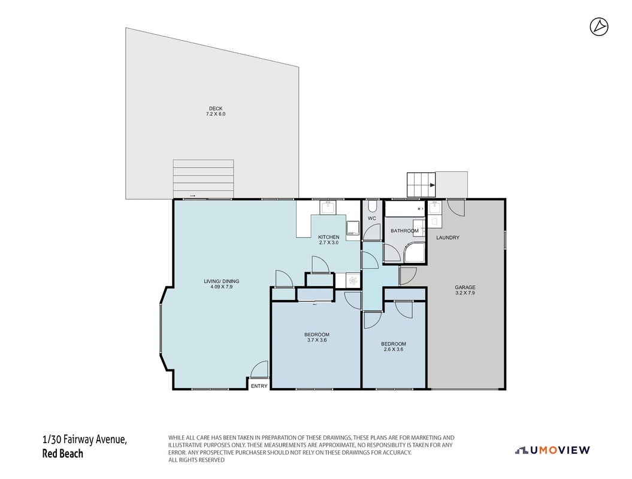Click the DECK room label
coord(216,108)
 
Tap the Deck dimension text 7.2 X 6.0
coord(216,114)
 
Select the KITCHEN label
coord(328,237)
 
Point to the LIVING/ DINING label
coord(221,281)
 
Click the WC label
coord(371,219)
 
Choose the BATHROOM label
coord(404,231)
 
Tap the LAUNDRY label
coord(447,238)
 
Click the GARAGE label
coord(465,287)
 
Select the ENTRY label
coord(259,386)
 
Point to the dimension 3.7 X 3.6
coord(316,340)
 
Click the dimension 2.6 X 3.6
coord(394,349)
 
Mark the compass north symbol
coord(599,27)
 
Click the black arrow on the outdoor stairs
coord(433,186)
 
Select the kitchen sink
coord(328,208)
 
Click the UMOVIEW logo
coord(552,450)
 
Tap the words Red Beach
coord(62,454)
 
